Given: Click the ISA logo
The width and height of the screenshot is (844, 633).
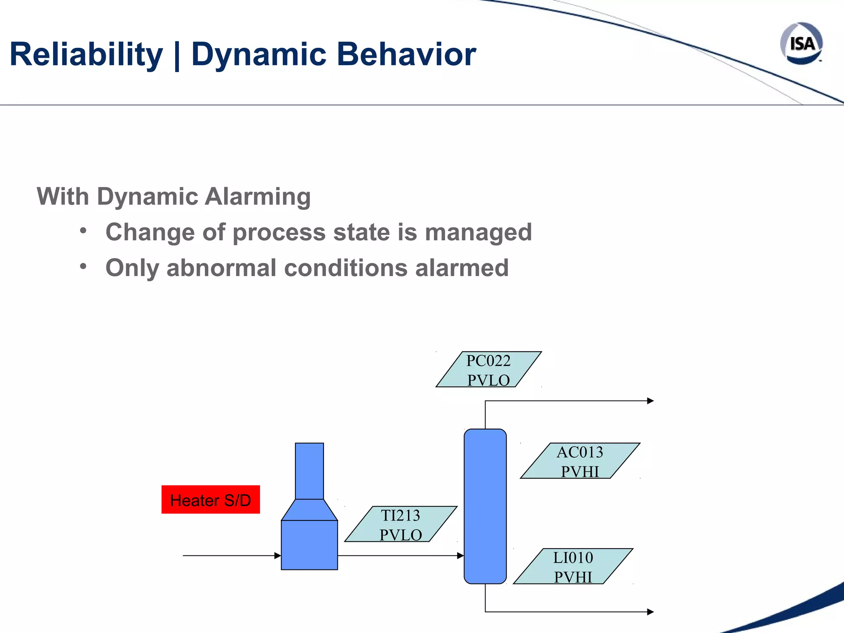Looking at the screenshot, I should click(x=801, y=44).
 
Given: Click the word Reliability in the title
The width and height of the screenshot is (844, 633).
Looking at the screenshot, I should click(x=86, y=54).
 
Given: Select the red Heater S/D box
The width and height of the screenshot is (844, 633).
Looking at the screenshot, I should click(x=211, y=499).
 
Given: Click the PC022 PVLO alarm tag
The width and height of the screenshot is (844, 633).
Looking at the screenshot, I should click(x=488, y=370).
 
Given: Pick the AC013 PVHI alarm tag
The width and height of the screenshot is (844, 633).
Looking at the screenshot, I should click(x=580, y=461).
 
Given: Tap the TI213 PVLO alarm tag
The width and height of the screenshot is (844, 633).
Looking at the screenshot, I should click(x=401, y=524).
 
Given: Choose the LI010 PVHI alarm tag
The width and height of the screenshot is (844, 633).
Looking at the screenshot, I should click(x=573, y=567).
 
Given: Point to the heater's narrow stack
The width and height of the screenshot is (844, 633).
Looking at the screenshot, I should click(x=309, y=471).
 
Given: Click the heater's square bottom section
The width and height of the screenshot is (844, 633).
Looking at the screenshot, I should click(x=309, y=545).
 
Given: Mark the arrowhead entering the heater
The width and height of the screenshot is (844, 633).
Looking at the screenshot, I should click(x=278, y=556).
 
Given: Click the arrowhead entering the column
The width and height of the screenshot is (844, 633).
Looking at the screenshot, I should click(x=461, y=556).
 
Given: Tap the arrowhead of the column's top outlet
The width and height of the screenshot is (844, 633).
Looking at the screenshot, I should click(x=650, y=401).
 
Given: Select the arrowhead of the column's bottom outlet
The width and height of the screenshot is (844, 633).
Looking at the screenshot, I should click(x=650, y=612).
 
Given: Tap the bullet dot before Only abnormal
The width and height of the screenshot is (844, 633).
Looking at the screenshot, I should click(x=83, y=267).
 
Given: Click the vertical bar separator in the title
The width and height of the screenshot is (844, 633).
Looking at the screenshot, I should click(x=177, y=55).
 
